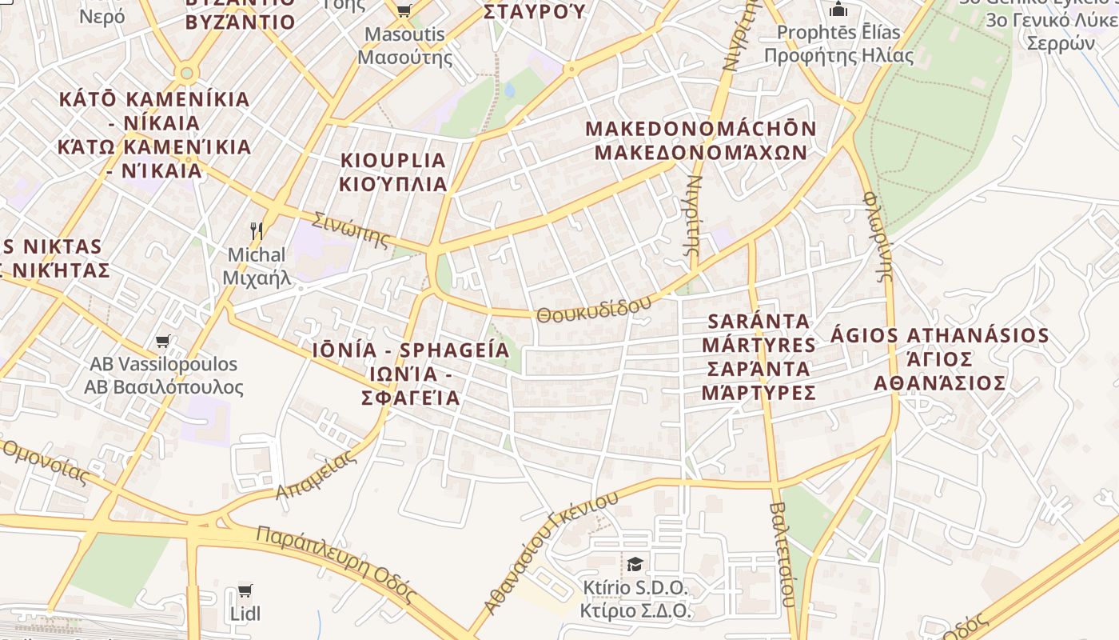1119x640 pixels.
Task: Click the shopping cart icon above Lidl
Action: point(245,590)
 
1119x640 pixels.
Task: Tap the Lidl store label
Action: point(245,614)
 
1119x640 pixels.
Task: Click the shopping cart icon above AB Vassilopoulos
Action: point(163,342)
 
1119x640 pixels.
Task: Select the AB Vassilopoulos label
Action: point(164,376)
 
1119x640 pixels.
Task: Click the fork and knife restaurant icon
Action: point(257,231)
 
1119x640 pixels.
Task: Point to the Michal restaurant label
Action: point(257,266)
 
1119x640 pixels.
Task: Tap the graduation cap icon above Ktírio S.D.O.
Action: point(635,564)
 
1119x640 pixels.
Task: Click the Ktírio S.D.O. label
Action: point(635,599)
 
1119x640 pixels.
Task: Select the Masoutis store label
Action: point(404,46)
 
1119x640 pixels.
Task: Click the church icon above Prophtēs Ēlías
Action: point(838,9)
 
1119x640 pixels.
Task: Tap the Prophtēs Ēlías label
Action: point(838,44)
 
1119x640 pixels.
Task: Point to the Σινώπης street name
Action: point(352,230)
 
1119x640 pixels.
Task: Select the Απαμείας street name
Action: point(317,475)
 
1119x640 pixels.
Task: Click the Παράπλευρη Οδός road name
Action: point(336,565)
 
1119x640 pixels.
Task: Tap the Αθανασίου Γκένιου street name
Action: point(552,551)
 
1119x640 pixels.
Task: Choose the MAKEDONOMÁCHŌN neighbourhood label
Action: point(701,141)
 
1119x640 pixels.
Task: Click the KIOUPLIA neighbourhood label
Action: point(393,172)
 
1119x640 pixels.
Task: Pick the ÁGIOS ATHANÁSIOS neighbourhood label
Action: point(939,358)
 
